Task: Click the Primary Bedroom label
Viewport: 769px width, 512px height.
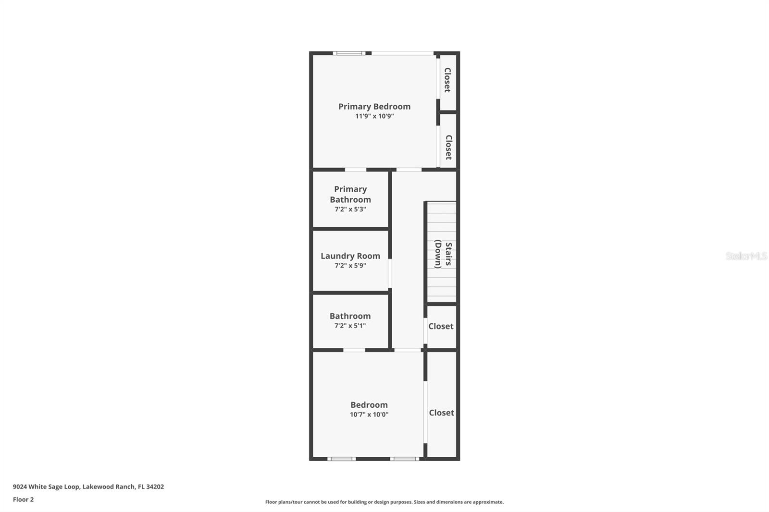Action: [374, 107]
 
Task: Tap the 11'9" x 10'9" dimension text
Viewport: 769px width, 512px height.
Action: [374, 116]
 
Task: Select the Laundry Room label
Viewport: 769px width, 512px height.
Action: [350, 256]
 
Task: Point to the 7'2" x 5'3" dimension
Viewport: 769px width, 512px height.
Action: [350, 209]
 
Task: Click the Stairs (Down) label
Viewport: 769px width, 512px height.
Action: [443, 254]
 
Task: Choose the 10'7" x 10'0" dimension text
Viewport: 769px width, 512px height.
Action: [369, 414]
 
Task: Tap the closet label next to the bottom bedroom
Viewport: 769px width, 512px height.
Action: [441, 413]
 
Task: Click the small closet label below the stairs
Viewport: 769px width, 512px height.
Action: [441, 326]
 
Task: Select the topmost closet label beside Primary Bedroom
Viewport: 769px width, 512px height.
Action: [447, 80]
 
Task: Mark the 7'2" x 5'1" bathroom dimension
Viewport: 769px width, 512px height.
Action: [350, 326]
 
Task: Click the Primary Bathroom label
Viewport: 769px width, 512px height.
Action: [350, 194]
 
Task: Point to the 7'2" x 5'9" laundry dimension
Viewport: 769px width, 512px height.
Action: [350, 266]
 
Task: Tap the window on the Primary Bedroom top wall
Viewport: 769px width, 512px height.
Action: [349, 53]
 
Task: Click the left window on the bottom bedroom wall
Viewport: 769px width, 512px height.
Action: [342, 459]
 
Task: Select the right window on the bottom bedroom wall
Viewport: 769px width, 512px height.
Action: [404, 459]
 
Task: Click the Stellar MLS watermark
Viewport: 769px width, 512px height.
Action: [746, 256]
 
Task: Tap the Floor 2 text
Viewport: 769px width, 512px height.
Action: [23, 500]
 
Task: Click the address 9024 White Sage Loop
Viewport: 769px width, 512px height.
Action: [88, 487]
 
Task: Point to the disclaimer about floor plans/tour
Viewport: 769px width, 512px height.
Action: [384, 502]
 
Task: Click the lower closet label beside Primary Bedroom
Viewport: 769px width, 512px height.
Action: [448, 147]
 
